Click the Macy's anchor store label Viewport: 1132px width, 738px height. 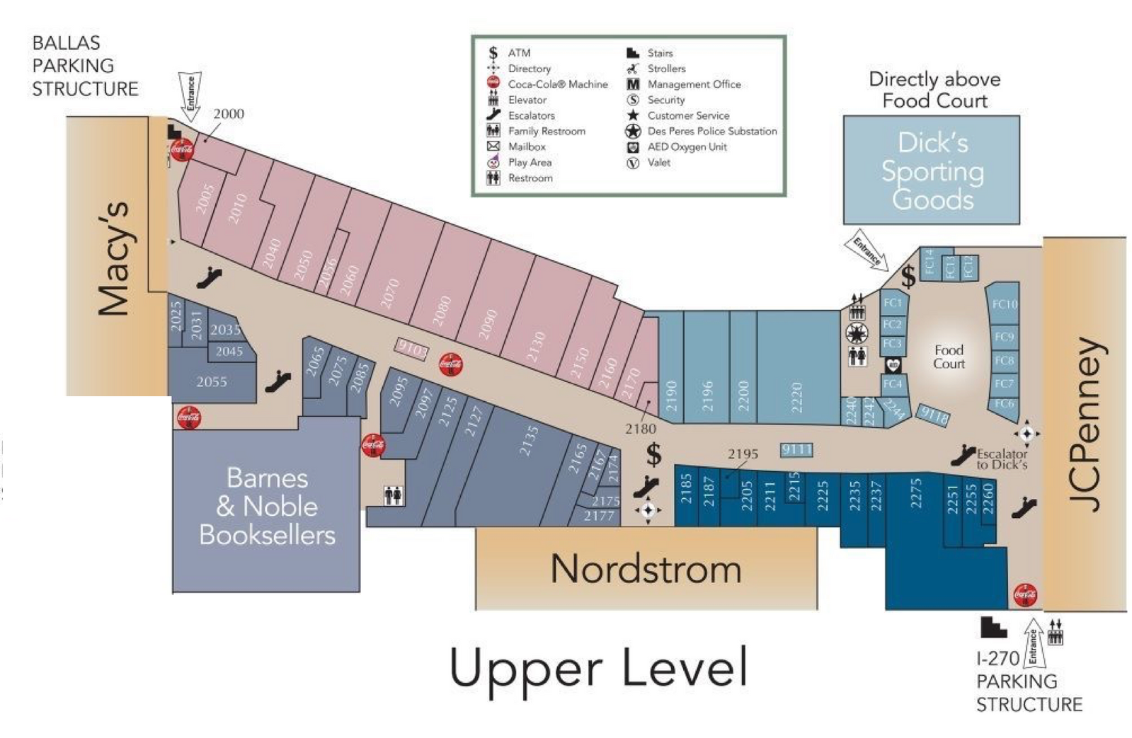tap(113, 258)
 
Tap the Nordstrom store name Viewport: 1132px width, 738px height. tap(646, 569)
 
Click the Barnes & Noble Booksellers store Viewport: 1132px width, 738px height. tap(267, 507)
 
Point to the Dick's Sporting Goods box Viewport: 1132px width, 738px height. tap(932, 171)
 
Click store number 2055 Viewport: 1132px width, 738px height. tap(212, 382)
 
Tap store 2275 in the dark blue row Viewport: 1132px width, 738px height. tap(916, 493)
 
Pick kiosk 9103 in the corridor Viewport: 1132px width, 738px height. tap(412, 348)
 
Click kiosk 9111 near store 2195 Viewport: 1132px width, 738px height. tap(796, 449)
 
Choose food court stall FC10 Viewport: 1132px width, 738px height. tap(1005, 304)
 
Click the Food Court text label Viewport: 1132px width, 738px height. tap(949, 357)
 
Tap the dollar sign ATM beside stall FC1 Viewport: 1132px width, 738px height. tap(908, 277)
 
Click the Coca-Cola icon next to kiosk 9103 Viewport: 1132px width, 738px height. tap(451, 364)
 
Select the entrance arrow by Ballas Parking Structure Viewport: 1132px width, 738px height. tap(190, 93)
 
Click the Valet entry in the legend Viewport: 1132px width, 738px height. tap(658, 163)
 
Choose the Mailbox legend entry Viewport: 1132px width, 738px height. tap(527, 146)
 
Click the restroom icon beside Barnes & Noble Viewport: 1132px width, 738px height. tap(393, 495)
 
